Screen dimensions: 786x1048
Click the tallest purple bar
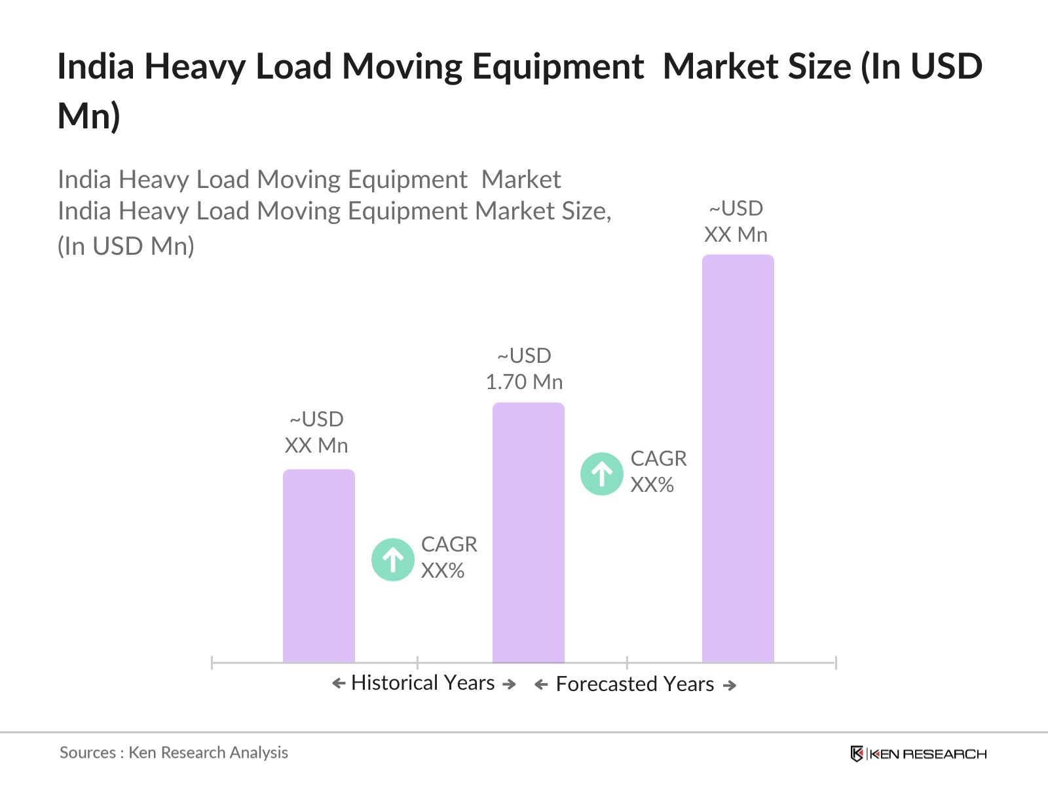(x=738, y=458)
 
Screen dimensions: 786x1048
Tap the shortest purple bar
(x=318, y=566)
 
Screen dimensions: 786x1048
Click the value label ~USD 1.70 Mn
(x=524, y=369)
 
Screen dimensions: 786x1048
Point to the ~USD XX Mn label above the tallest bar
(x=736, y=221)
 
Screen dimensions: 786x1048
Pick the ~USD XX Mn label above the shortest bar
(x=316, y=432)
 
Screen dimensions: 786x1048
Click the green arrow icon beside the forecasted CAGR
(x=601, y=474)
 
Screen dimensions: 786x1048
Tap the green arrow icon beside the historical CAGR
(x=392, y=559)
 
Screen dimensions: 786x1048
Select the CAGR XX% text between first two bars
(x=449, y=557)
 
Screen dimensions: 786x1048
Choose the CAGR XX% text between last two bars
(x=658, y=472)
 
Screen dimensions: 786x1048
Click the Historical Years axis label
(x=422, y=683)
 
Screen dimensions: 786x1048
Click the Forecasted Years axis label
(x=635, y=684)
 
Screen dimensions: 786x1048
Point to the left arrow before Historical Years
(x=339, y=684)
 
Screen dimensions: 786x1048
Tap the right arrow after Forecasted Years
(x=730, y=686)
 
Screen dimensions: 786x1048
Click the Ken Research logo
(x=918, y=754)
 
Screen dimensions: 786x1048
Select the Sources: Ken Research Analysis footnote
(x=174, y=753)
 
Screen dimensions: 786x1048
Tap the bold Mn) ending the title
(x=88, y=116)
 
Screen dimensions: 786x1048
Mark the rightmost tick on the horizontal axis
(x=836, y=662)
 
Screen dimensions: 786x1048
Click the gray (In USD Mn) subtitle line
(x=126, y=246)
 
